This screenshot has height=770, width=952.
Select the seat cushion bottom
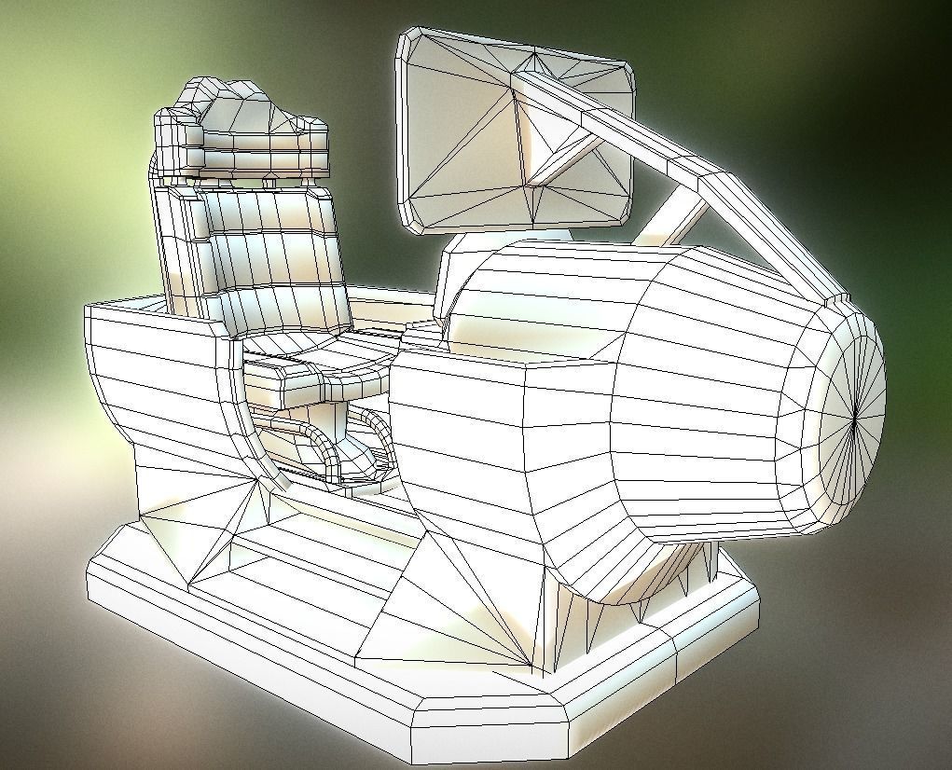coord(322,364)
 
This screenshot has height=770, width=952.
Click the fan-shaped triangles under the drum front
coord(466,597)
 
